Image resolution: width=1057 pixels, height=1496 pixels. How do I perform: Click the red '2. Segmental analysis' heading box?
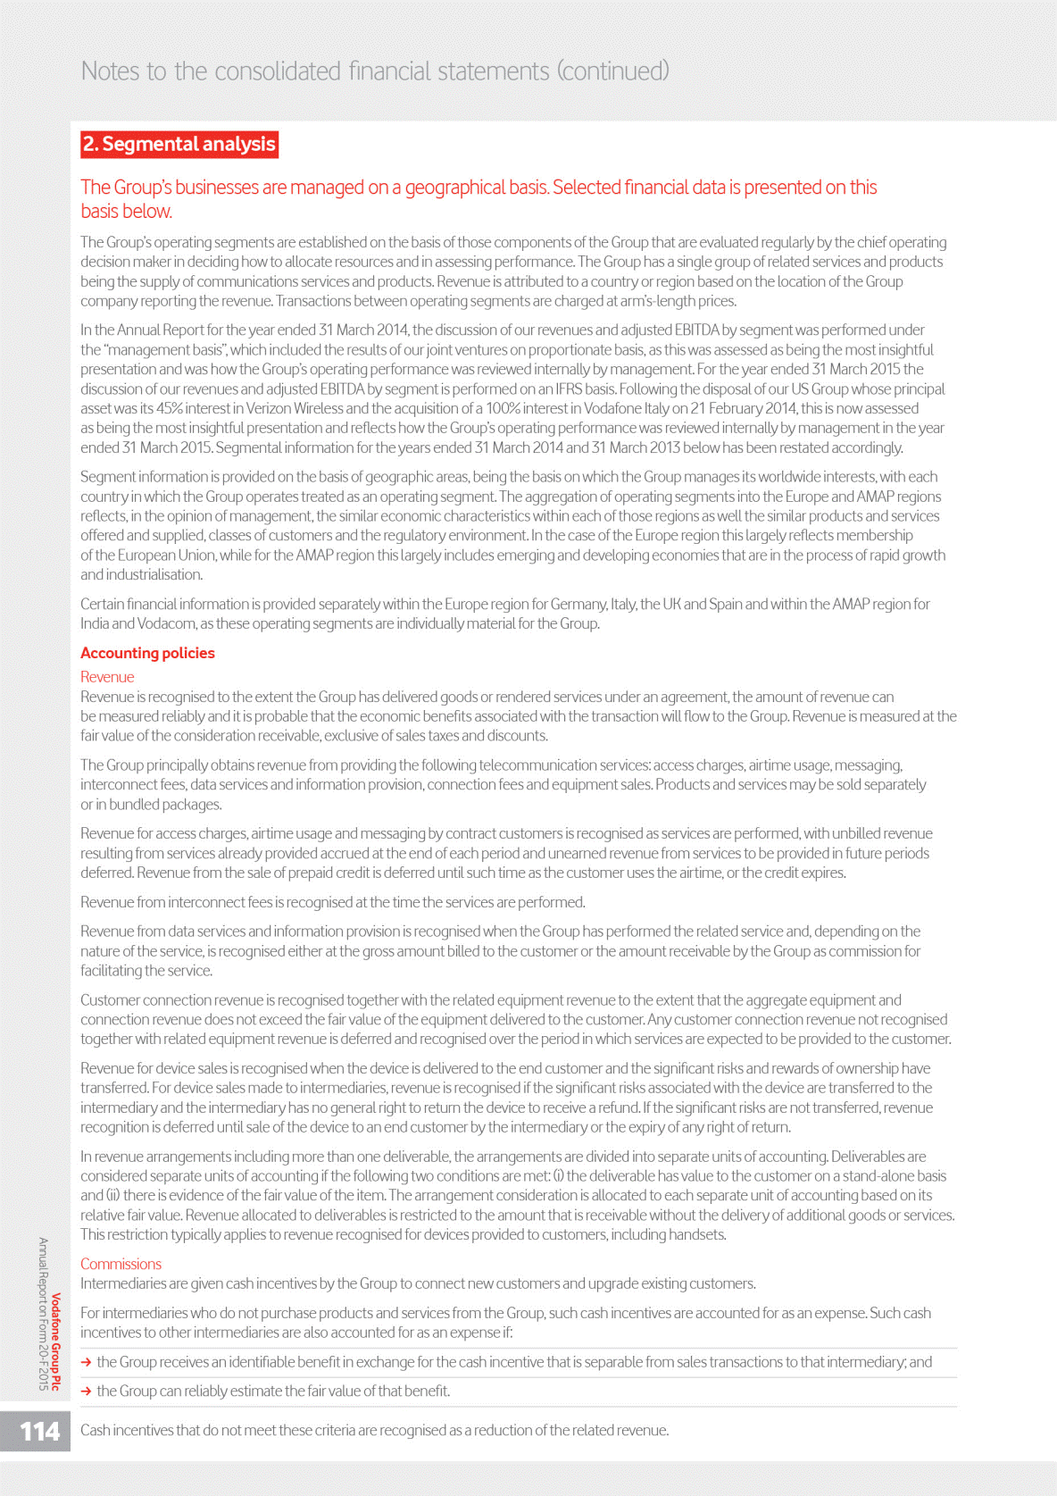coord(179,144)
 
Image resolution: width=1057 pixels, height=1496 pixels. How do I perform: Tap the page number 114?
coord(39,1432)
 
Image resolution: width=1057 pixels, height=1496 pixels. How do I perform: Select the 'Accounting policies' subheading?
coord(147,653)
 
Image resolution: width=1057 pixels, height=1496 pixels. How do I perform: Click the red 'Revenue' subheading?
coord(107,677)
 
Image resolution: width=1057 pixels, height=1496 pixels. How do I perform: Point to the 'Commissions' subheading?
coord(121,1264)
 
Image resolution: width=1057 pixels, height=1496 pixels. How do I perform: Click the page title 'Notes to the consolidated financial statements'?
coord(375,71)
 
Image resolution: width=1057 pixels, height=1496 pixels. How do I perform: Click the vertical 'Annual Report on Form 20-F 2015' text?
coord(42,1313)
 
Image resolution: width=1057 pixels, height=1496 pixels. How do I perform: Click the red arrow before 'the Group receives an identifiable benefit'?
coord(86,1362)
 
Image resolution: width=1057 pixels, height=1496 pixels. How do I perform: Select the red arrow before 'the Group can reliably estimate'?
coord(86,1392)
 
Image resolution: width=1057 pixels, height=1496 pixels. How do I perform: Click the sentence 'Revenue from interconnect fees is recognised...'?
coord(332,902)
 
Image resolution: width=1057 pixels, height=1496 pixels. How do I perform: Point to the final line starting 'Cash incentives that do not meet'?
coord(374,1430)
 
